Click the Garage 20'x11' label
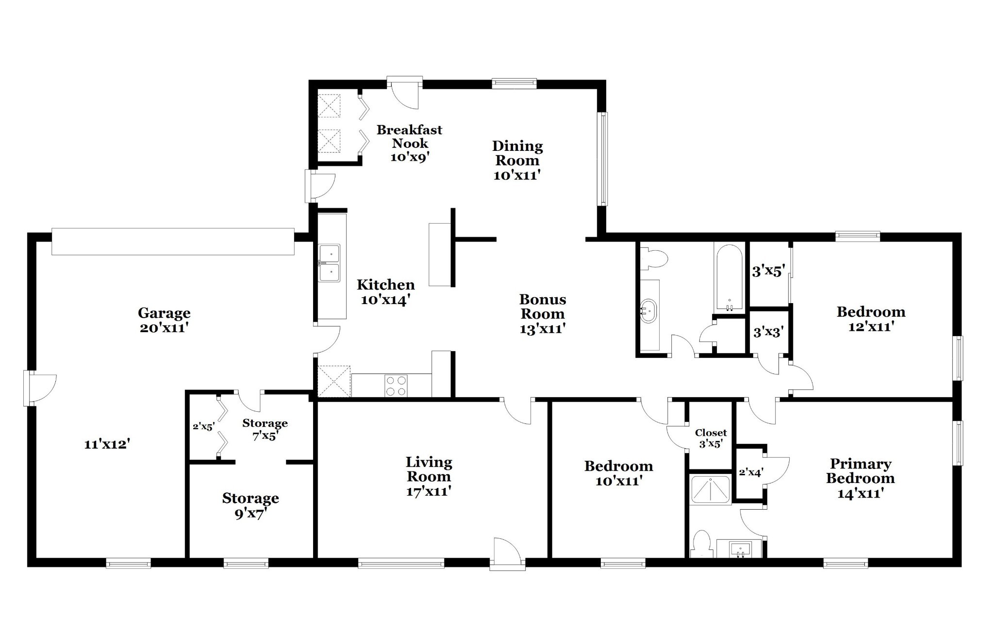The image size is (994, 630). point(164,320)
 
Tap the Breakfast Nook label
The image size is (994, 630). point(410,144)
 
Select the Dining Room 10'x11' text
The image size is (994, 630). point(517,161)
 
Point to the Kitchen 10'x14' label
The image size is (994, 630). point(386,292)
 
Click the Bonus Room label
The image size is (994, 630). point(543,314)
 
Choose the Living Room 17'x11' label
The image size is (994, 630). point(429,477)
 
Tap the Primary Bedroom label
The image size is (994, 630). point(861,479)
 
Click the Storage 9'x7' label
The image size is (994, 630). point(250,506)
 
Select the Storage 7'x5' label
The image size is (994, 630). point(265,430)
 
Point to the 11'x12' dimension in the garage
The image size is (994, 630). point(107,444)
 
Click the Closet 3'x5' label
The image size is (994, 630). point(711,438)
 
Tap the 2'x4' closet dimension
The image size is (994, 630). point(751,472)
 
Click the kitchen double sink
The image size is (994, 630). point(330,263)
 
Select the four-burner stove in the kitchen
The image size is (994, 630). point(396,386)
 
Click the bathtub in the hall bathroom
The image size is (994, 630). point(728,277)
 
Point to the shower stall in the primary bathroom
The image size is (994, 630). point(710,490)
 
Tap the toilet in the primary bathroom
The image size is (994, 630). point(701,545)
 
